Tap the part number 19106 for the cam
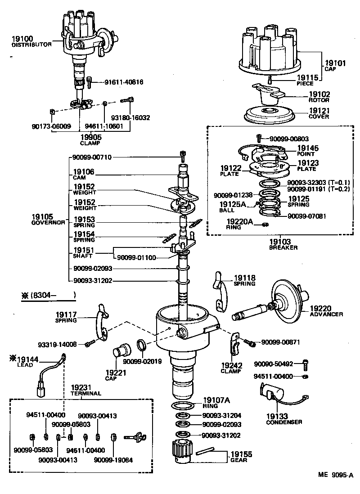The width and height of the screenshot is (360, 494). (84, 172)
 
